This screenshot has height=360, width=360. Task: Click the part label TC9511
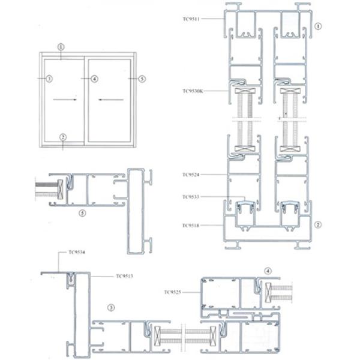click(193, 19)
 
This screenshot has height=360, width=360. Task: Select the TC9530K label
click(194, 91)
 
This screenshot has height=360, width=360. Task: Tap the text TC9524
click(193, 175)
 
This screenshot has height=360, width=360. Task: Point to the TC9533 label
click(193, 196)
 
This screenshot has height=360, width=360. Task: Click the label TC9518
click(193, 225)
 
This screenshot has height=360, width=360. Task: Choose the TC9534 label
click(77, 252)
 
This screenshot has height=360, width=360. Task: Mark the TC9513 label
click(124, 277)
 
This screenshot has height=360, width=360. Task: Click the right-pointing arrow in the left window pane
click(64, 100)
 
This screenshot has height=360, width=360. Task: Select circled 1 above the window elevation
click(61, 46)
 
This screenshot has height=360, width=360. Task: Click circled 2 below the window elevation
click(62, 137)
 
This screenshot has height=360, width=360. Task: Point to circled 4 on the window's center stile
click(94, 79)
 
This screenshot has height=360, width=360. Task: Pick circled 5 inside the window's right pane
click(142, 79)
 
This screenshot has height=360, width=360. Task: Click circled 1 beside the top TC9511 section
click(318, 26)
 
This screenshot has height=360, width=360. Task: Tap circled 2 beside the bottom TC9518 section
click(318, 224)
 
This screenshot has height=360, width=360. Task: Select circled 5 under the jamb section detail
click(83, 212)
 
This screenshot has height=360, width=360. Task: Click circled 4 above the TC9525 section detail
click(268, 271)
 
